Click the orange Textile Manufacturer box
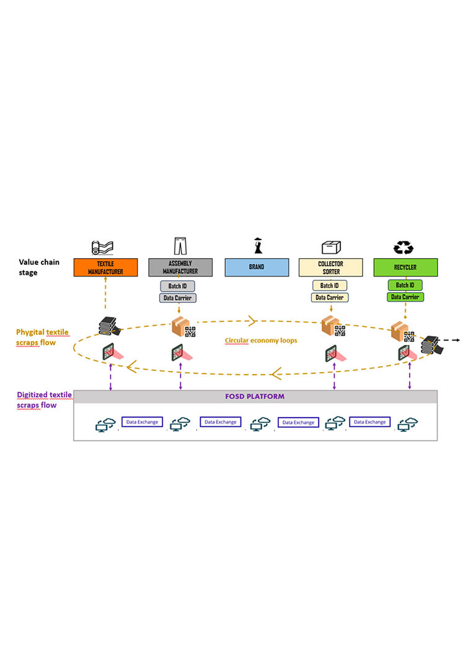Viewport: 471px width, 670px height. pos(105,267)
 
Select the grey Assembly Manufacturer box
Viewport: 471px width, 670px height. pos(180,267)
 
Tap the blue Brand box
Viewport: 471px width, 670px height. pos(256,267)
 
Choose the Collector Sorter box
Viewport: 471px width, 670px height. pos(331,267)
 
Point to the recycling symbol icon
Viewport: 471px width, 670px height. pos(403,247)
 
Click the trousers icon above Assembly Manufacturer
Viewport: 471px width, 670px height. pos(180,246)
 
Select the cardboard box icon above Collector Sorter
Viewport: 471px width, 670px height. pos(330,247)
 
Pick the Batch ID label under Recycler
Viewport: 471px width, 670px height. pos(405,285)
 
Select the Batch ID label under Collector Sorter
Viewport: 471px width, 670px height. pos(330,285)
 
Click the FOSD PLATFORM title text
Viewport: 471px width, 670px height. pos(255,396)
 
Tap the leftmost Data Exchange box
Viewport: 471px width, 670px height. pos(141,422)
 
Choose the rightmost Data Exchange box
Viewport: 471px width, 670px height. pos(371,422)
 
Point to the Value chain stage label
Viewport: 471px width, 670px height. pos(39,267)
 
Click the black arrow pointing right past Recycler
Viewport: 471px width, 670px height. pos(456,341)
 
